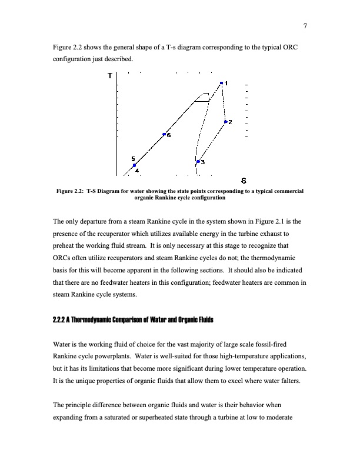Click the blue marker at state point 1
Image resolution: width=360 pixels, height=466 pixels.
(x=221, y=84)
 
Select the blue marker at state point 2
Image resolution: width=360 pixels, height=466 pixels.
(x=225, y=122)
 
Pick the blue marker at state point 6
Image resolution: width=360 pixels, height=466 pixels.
(x=164, y=134)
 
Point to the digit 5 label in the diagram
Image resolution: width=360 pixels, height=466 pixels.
(x=133, y=159)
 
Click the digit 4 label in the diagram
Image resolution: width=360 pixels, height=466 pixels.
(x=137, y=171)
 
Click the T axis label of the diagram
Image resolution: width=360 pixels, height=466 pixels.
(x=110, y=76)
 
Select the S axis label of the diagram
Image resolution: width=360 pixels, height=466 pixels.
(x=244, y=180)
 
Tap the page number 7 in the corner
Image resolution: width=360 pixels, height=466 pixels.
(x=306, y=25)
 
